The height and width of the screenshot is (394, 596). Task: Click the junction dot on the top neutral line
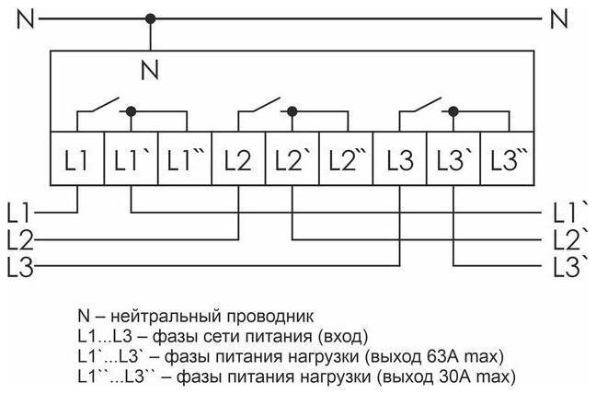[151, 17]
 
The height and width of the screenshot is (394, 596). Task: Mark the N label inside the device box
[151, 67]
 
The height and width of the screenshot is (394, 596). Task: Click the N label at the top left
[25, 17]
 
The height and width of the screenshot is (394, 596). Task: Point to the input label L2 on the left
[19, 240]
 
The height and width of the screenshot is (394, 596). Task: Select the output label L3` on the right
[570, 268]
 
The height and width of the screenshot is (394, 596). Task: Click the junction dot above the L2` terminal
[292, 110]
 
